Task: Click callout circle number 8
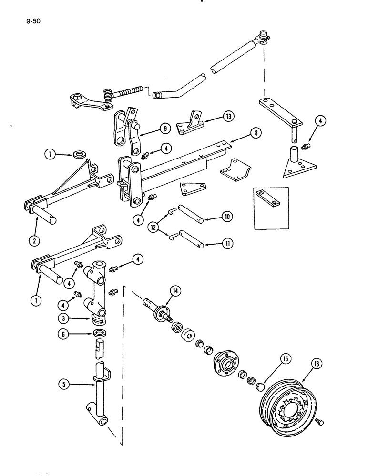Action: [x=256, y=134]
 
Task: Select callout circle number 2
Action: [x=34, y=240]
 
